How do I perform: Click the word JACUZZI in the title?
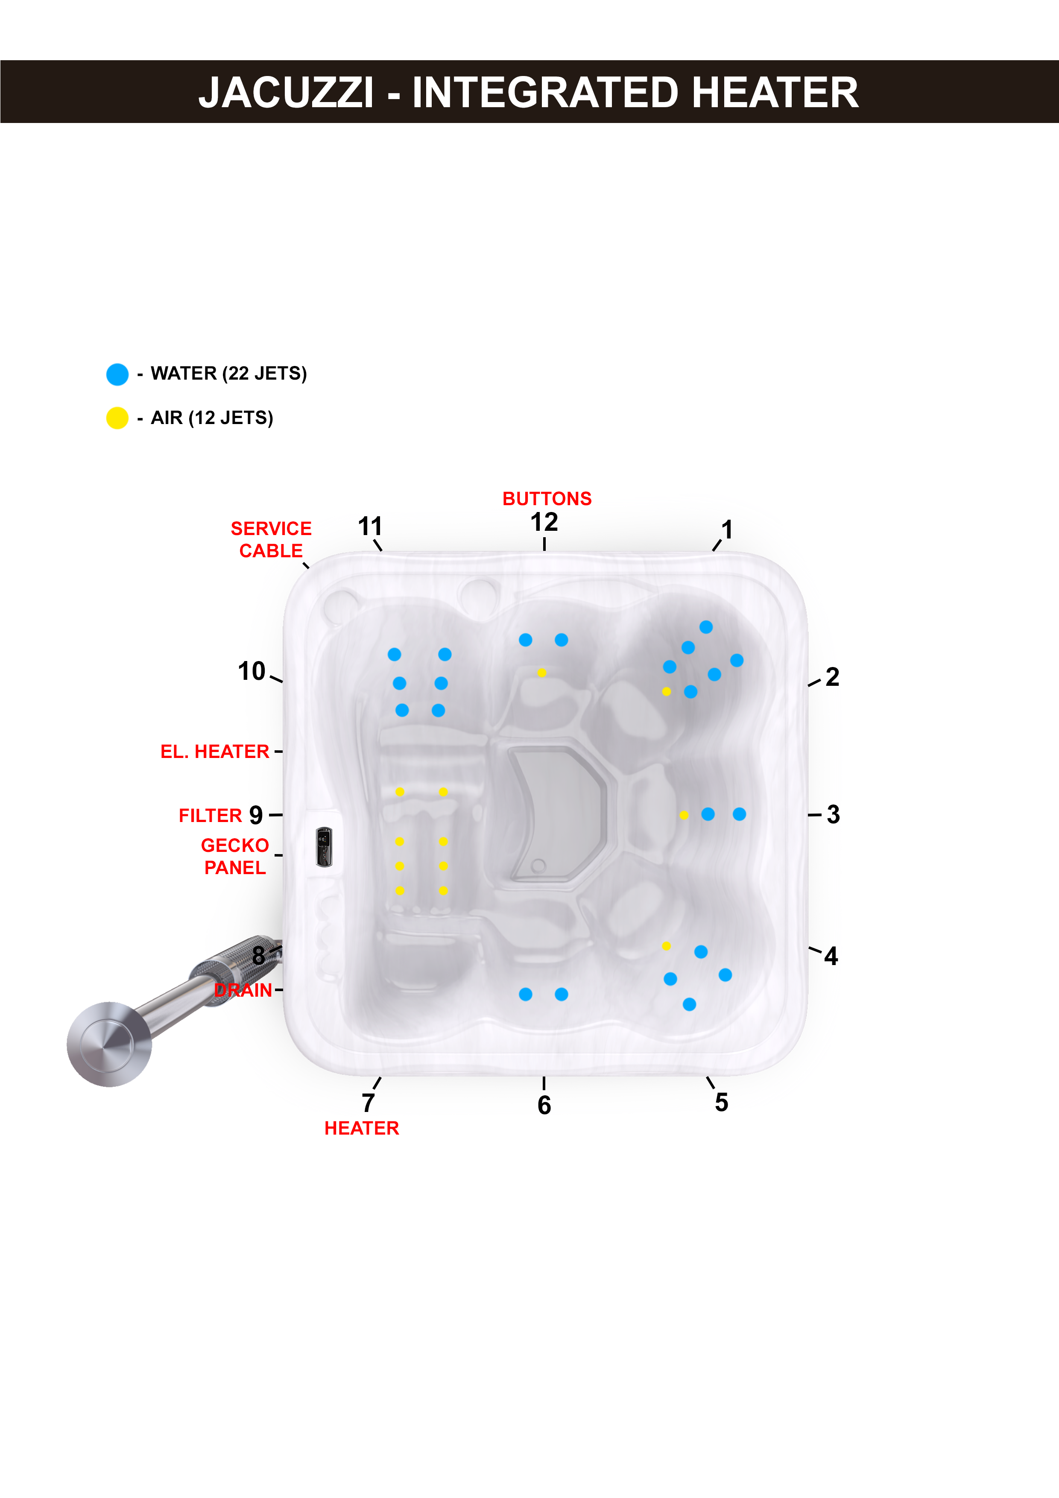[x=286, y=93]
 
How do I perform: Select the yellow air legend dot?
[x=117, y=418]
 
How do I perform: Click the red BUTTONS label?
[x=547, y=498]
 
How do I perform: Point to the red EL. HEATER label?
[x=215, y=752]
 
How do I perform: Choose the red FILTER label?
[x=210, y=816]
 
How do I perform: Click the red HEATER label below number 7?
[x=362, y=1128]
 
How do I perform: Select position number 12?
[x=544, y=522]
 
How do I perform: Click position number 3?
[x=833, y=814]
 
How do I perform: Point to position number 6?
[x=544, y=1105]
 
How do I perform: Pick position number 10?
[x=251, y=671]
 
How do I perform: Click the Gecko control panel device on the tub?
[x=324, y=847]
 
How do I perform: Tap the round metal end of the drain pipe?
[x=109, y=1044]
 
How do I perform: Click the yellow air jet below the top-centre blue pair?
[x=541, y=673]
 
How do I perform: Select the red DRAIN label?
[x=243, y=990]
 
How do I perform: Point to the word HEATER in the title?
[x=775, y=93]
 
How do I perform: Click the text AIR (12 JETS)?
[x=212, y=418]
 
